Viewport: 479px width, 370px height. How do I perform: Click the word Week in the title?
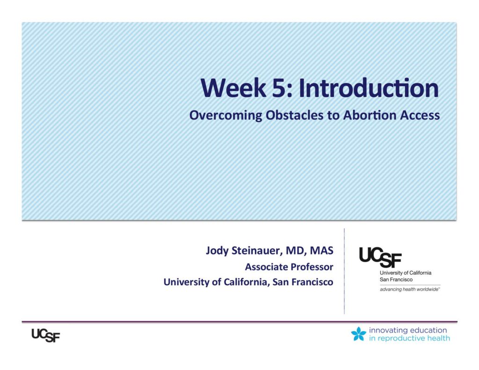233,88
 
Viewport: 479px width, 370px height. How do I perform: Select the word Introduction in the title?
369,88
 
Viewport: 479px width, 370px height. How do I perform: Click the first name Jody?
217,251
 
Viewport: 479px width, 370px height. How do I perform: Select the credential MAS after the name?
321,251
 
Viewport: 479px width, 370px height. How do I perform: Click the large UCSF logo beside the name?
380,257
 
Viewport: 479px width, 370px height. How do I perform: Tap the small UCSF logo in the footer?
46,335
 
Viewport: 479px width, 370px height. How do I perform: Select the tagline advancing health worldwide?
410,290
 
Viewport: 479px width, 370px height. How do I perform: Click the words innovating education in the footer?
408,330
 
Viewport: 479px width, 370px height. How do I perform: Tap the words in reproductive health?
409,338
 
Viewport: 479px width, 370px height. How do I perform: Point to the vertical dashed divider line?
344,271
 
